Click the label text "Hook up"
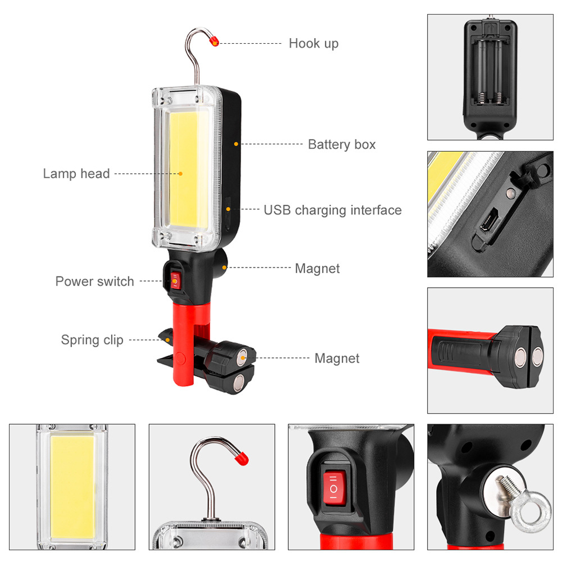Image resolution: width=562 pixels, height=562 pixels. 314,43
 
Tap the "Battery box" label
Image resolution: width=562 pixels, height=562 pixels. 342,144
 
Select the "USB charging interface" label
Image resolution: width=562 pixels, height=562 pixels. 333,210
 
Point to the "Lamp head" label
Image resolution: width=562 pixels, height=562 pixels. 76,174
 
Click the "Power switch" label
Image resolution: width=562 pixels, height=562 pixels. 94,282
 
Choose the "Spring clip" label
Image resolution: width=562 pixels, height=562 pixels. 92,340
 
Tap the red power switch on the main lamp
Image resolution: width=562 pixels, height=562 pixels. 175,279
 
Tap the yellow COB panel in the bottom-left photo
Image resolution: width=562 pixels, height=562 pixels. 72,484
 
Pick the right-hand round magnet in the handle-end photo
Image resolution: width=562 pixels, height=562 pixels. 537,355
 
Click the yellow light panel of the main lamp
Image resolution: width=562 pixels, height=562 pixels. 182,168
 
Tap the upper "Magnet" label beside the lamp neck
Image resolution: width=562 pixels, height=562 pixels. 317,269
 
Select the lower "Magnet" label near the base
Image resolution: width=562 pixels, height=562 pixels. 337,358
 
